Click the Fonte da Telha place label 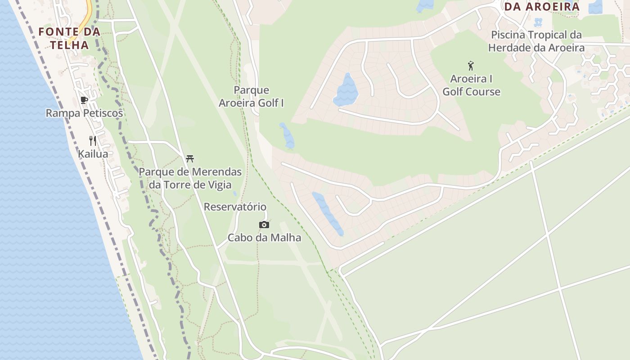pos(69,38)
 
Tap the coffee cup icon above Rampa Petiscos pos(84,100)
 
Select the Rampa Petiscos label pos(84,113)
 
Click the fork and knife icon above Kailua pos(93,141)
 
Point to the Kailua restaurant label pos(93,154)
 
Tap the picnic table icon pos(190,158)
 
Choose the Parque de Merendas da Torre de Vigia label pos(190,178)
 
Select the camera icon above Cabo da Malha pos(264,225)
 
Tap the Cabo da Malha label pos(264,238)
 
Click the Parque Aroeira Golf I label pos(251,97)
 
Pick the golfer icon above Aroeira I pos(471,66)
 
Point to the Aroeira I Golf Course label pos(471,85)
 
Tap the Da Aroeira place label pos(541,7)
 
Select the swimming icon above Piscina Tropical pos(538,22)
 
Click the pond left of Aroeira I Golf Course pos(346,90)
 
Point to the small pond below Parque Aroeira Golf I pos(287,135)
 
